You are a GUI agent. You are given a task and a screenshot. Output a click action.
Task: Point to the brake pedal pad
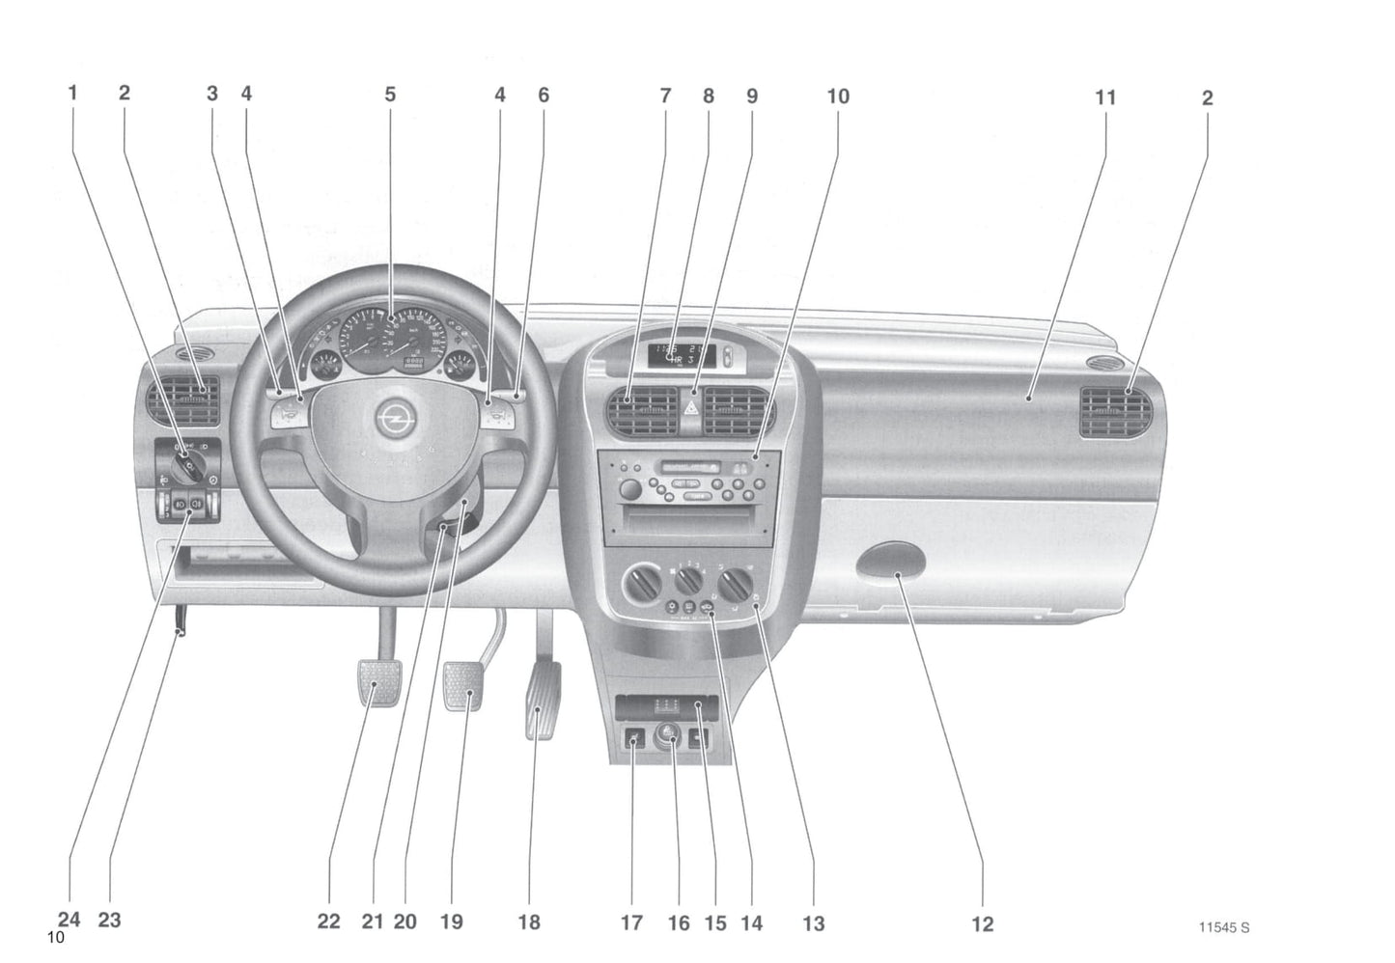click(462, 684)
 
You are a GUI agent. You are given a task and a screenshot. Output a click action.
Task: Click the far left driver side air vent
click(183, 402)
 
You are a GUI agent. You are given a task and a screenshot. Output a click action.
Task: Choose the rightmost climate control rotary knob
click(740, 583)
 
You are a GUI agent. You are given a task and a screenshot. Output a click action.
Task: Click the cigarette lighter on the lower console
click(669, 741)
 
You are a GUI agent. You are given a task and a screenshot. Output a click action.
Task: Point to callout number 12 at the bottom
click(982, 923)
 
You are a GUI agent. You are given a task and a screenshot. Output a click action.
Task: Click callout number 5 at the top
click(390, 95)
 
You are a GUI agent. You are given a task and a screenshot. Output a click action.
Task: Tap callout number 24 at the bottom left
click(70, 920)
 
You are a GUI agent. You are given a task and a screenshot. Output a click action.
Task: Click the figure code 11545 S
click(1223, 927)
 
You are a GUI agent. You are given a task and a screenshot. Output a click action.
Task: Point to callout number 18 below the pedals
click(529, 922)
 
